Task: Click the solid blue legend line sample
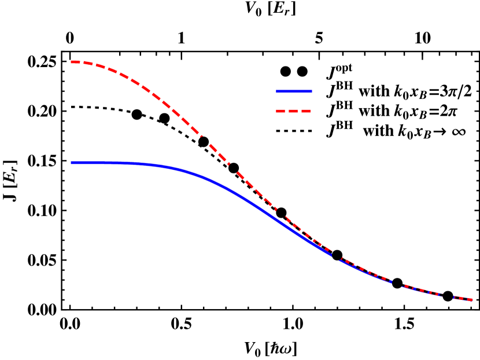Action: [294, 91]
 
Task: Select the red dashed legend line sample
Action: [294, 111]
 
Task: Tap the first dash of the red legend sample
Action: [280, 111]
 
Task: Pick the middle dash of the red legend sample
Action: [293, 111]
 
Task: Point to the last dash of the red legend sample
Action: [306, 111]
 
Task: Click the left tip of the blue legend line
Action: [277, 91]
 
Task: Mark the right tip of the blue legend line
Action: [311, 91]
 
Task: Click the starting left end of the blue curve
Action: [72, 163]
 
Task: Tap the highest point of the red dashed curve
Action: [72, 61]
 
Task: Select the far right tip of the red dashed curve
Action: [472, 300]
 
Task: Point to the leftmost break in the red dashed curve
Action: [202, 138]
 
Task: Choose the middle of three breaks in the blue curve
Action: [398, 283]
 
